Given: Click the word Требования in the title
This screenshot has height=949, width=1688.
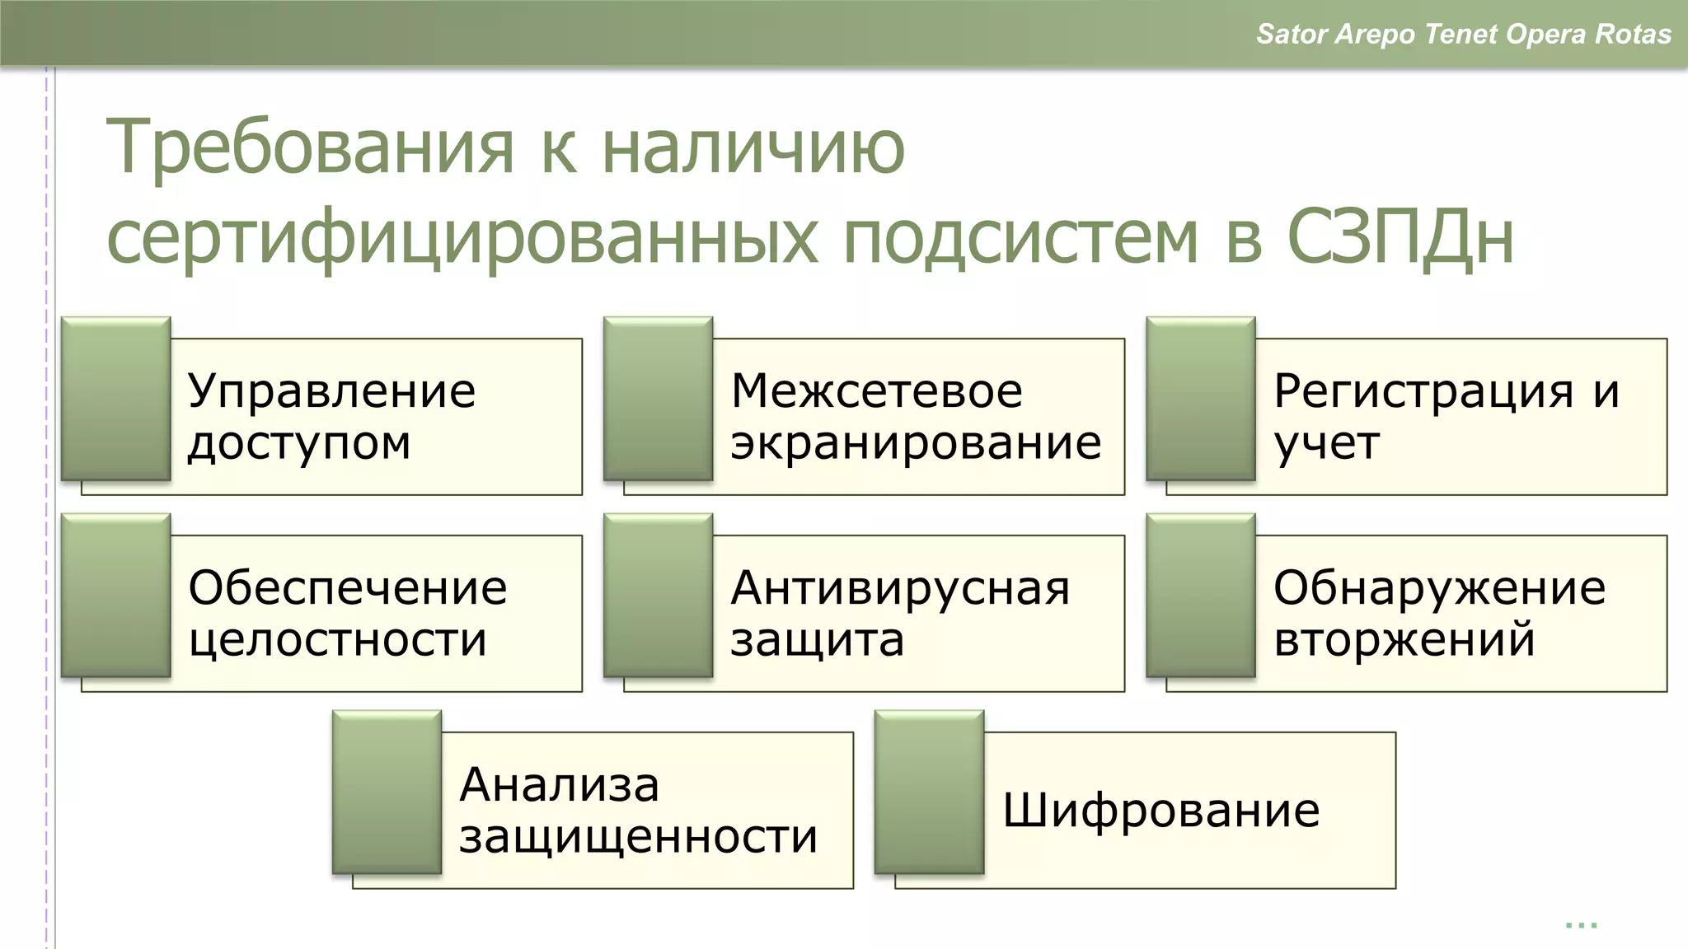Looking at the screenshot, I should click(310, 149).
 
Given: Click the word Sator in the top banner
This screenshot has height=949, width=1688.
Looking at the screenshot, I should click(1291, 34).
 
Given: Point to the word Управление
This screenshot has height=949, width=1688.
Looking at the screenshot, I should click(331, 392).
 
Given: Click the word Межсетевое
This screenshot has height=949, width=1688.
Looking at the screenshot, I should click(876, 391).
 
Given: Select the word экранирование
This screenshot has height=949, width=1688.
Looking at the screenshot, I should click(915, 444).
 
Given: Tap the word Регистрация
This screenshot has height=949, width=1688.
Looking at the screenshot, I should click(1423, 391).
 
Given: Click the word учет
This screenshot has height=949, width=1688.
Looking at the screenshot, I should click(1326, 444).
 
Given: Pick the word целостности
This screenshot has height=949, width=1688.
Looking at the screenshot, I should click(337, 640).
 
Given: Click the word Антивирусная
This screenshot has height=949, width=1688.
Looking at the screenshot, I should click(900, 588).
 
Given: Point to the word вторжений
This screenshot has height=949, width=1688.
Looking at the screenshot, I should click(1404, 640).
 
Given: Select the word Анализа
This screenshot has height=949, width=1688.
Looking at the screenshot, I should click(559, 784).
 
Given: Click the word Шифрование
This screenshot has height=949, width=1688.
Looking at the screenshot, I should click(1160, 811).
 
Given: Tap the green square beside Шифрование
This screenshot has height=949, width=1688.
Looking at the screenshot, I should click(929, 792).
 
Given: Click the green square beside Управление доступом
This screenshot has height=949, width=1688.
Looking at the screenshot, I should click(115, 398).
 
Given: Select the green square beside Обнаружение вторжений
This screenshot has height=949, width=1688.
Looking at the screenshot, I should click(1200, 595).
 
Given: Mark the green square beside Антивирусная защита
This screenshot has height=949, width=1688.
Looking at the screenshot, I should click(658, 595).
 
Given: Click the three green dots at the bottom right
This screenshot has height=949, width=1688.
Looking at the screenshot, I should click(1581, 926).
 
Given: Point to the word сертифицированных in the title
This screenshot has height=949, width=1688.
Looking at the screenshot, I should click(462, 239).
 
